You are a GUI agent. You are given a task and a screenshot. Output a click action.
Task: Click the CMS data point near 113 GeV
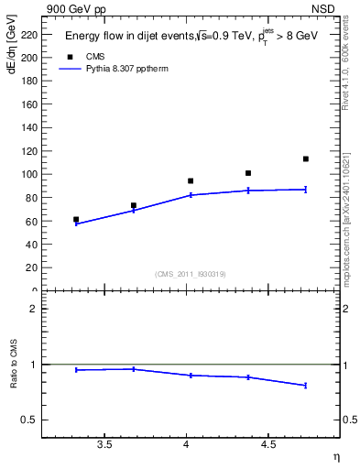[306, 159]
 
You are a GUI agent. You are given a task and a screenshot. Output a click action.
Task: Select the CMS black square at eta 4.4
[248, 173]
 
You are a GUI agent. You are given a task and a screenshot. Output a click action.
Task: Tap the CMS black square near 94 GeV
[191, 181]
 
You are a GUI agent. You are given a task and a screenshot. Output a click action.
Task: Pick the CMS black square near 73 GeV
[134, 206]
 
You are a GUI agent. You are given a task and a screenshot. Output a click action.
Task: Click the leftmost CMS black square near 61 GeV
[76, 220]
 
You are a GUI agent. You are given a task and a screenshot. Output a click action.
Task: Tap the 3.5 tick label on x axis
[104, 445]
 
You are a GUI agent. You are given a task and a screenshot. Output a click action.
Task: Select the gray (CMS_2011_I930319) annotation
[191, 274]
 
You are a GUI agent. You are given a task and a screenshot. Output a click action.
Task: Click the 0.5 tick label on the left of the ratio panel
[29, 420]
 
